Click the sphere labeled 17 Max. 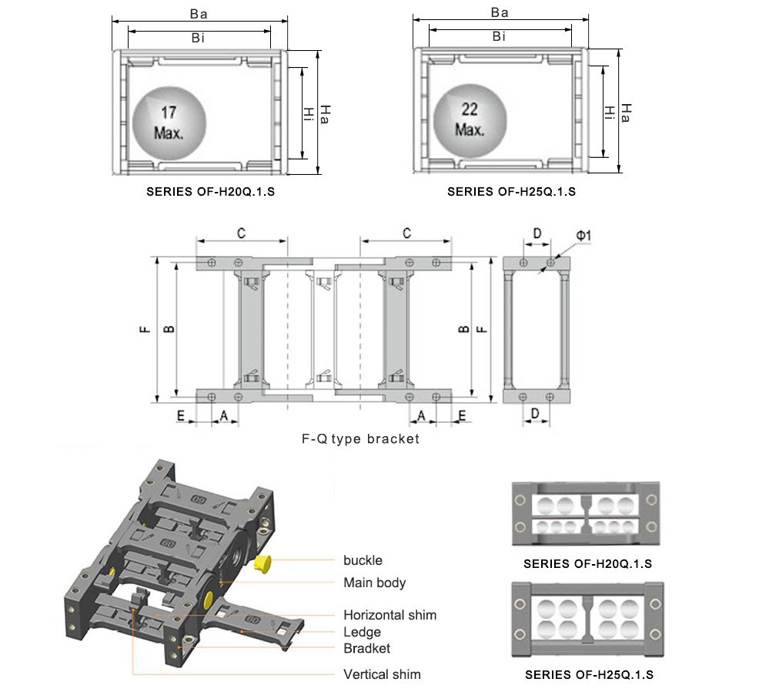(169, 123)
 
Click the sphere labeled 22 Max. (470, 119)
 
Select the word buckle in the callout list (363, 560)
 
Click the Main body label (374, 583)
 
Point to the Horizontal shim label (390, 615)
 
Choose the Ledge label (362, 632)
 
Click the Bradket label (366, 648)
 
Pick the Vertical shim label (382, 674)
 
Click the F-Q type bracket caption (360, 439)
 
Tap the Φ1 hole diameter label (583, 235)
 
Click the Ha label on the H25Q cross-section (627, 113)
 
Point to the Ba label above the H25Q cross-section (500, 13)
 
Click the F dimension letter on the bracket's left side (144, 328)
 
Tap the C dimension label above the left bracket (241, 233)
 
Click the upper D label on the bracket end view (537, 233)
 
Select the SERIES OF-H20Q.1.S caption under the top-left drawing (211, 192)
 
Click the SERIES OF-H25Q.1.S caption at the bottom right (589, 675)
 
